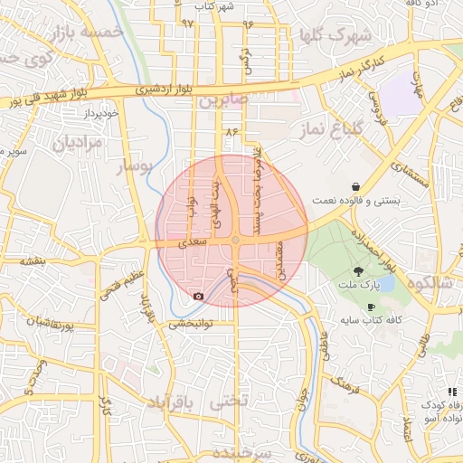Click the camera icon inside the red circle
pos(198,296)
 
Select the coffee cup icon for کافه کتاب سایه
pos(371,307)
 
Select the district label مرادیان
pos(73,142)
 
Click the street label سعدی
pos(194,242)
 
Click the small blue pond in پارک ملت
pos(386,284)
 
